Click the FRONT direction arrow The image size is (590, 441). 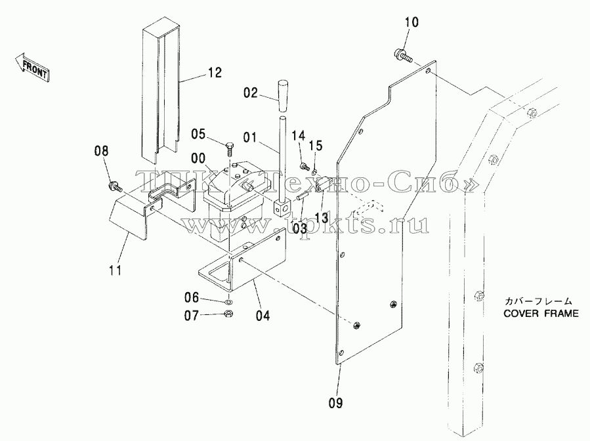(32, 66)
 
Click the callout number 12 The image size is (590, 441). (215, 73)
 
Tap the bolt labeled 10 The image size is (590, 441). (403, 55)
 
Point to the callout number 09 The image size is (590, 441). (335, 403)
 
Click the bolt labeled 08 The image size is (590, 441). (114, 186)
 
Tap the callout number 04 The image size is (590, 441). (263, 315)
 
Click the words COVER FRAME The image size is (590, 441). (541, 314)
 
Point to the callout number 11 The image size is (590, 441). (116, 270)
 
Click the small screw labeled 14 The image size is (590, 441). (304, 165)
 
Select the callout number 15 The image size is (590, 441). (316, 145)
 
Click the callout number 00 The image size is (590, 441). (198, 158)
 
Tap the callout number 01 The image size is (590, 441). (249, 138)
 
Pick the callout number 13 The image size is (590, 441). (322, 218)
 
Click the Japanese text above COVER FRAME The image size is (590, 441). (538, 301)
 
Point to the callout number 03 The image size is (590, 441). (300, 228)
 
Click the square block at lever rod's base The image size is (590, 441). (282, 207)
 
